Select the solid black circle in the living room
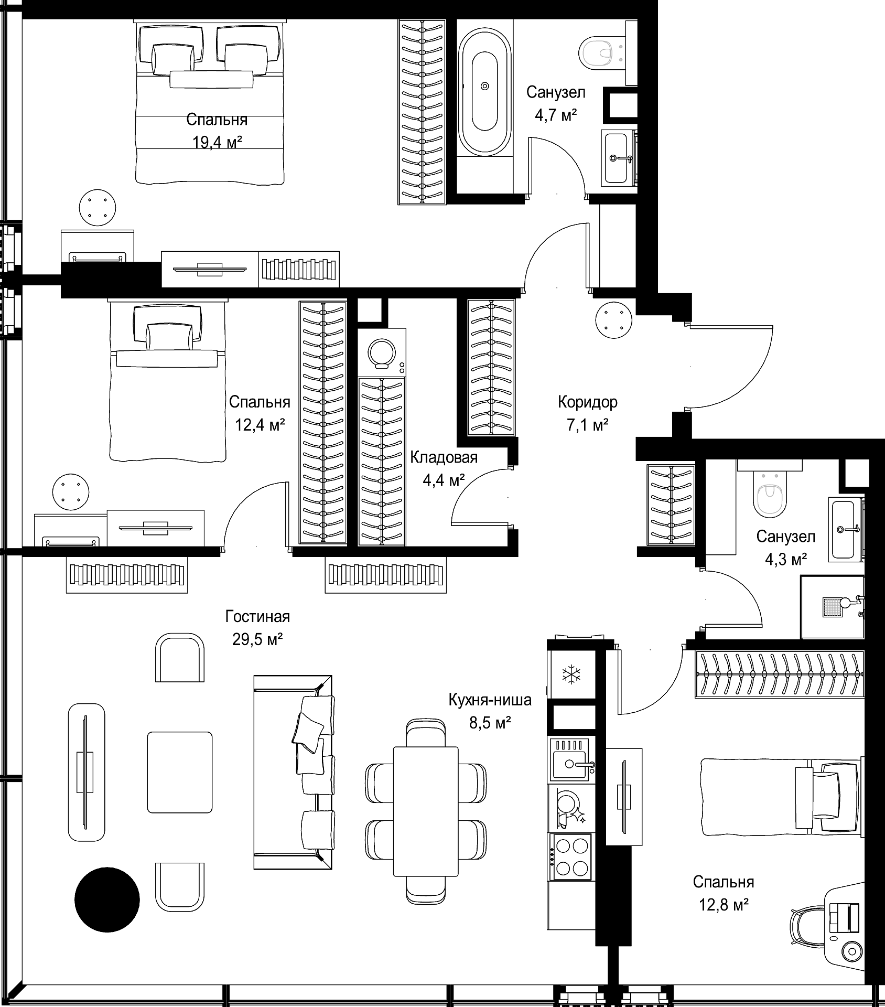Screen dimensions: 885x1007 107,899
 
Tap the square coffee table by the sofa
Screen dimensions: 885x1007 180,772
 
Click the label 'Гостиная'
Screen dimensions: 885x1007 257,616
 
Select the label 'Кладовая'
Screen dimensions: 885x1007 444,457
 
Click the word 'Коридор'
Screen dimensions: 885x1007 588,402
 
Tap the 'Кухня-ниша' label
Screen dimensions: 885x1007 490,700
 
